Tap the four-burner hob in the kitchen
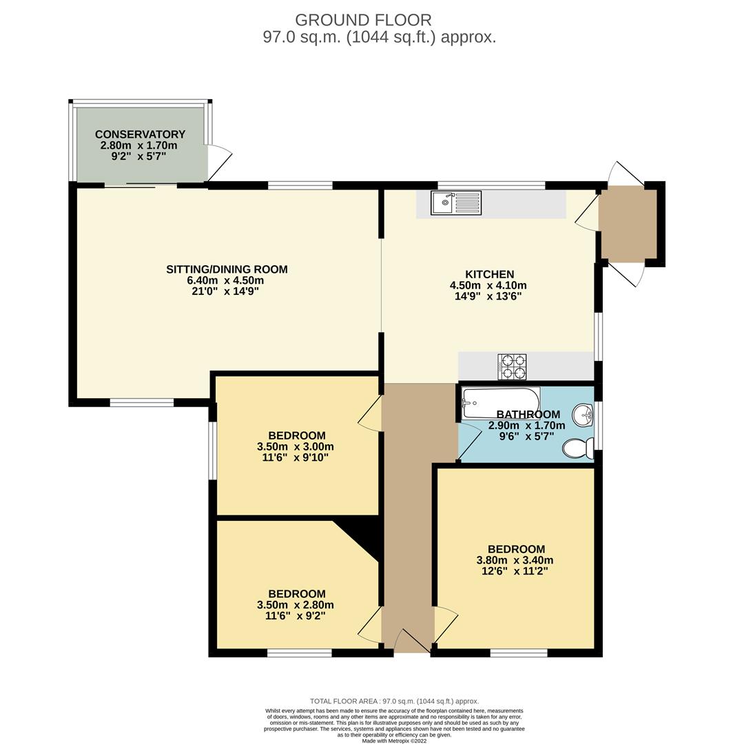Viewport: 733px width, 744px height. pos(512,366)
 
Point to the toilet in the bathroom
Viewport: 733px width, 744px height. pos(578,449)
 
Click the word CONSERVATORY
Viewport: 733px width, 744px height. pos(140,134)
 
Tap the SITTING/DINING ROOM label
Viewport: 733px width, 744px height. pos(227,269)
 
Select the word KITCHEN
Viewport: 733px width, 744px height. pos(488,274)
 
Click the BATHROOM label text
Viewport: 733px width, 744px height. pos(528,415)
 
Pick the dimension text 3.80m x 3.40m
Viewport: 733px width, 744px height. pos(515,560)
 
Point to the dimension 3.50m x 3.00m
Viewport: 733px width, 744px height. pos(296,446)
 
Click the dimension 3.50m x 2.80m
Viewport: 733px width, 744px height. pos(296,605)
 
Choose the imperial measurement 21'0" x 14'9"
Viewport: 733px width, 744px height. pos(227,291)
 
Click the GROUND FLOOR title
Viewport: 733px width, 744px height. pos(363,20)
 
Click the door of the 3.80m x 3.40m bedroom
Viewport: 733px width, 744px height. pos(444,624)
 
